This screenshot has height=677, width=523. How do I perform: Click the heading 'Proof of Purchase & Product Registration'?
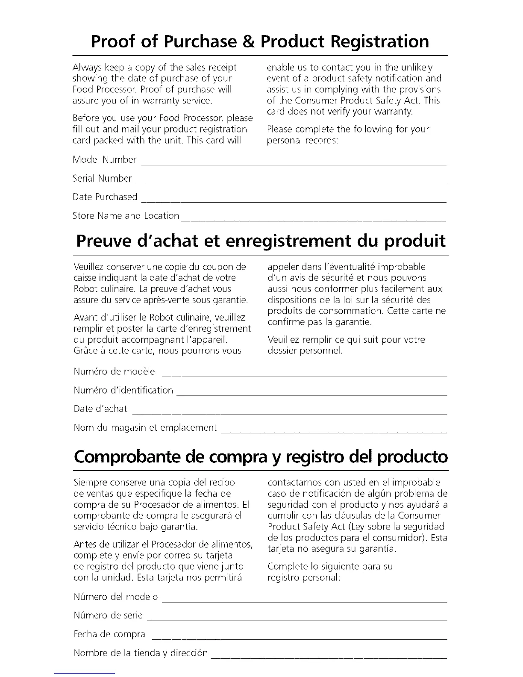(x=260, y=41)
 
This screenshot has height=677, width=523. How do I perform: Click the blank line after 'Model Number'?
(x=293, y=164)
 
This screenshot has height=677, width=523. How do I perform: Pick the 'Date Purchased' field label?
(x=105, y=197)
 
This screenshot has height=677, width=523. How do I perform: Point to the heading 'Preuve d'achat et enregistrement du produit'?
(x=261, y=241)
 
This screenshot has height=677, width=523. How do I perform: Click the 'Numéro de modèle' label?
(x=114, y=371)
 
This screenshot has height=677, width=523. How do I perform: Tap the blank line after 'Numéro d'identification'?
(x=311, y=395)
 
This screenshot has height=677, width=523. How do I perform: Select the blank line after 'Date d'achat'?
(x=289, y=414)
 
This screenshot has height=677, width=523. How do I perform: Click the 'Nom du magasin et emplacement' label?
(x=145, y=428)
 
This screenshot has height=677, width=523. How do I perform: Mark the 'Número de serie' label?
(x=108, y=615)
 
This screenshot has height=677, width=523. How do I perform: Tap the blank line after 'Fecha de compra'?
(x=299, y=639)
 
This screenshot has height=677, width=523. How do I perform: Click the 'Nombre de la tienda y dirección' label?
(x=141, y=653)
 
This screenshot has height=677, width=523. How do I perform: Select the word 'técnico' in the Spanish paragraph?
(x=122, y=527)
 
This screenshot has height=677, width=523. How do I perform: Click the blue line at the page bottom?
(x=85, y=673)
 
